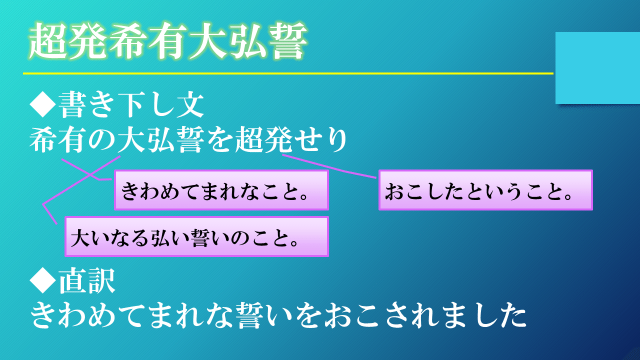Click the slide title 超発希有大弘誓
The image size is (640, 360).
(x=168, y=41)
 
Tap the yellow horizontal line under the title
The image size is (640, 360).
(x=288, y=73)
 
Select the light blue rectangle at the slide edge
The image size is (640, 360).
(x=597, y=68)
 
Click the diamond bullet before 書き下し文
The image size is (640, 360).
(x=43, y=104)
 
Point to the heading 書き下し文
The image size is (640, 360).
(x=131, y=105)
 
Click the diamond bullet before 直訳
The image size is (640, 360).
(x=43, y=280)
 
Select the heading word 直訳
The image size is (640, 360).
(x=87, y=280)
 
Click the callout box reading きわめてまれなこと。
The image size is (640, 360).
(x=221, y=190)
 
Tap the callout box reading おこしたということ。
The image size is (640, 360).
(x=485, y=190)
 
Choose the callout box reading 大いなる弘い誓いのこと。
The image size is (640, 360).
(x=197, y=236)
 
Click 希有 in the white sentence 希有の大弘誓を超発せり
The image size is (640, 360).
(x=58, y=140)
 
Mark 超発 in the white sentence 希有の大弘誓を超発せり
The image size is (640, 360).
(x=263, y=140)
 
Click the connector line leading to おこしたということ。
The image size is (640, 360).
(x=329, y=166)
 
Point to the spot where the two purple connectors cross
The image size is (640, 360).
(x=90, y=174)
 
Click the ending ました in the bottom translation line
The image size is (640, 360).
(x=482, y=315)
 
